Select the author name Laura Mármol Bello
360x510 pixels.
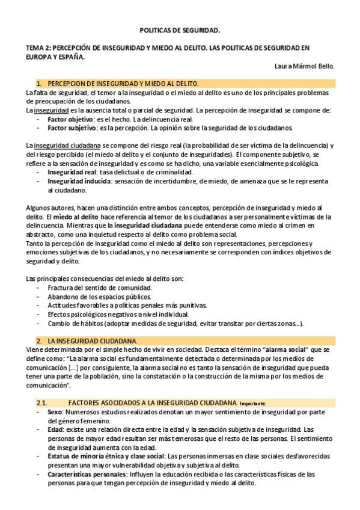click(x=303, y=66)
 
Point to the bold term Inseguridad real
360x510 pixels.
click(x=72, y=173)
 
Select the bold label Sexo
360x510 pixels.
click(x=56, y=413)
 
